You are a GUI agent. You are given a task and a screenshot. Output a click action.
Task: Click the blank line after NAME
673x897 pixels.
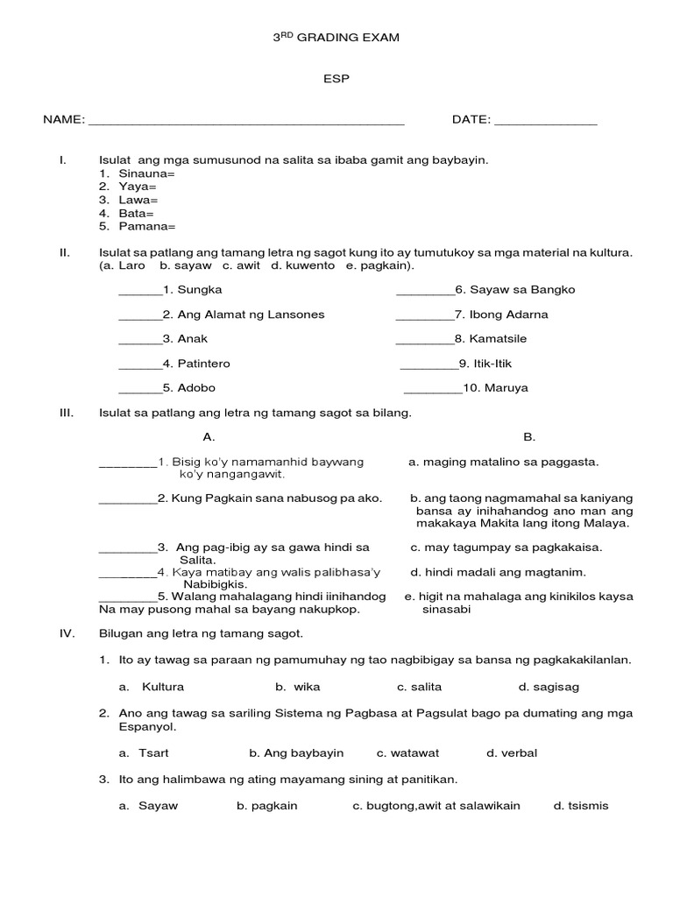(x=246, y=123)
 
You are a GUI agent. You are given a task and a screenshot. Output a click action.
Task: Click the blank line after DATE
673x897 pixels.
(x=545, y=123)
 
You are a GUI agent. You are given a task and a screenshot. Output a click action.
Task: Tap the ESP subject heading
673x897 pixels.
(x=337, y=79)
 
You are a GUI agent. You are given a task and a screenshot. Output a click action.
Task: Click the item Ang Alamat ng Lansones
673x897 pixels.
(x=251, y=314)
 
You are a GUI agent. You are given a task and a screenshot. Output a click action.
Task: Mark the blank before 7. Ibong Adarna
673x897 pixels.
(x=424, y=315)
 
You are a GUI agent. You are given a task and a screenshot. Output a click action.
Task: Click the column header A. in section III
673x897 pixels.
(x=209, y=436)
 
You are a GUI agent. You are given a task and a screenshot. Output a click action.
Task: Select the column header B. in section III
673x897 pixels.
(x=529, y=436)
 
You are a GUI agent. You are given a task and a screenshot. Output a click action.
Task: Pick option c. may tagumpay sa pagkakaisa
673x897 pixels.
(x=506, y=547)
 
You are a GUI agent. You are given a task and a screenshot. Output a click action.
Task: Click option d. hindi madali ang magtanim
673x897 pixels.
(x=498, y=572)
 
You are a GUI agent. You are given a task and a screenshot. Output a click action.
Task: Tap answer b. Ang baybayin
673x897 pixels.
(x=296, y=752)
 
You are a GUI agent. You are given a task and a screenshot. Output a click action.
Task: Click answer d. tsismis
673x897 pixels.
(x=580, y=806)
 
